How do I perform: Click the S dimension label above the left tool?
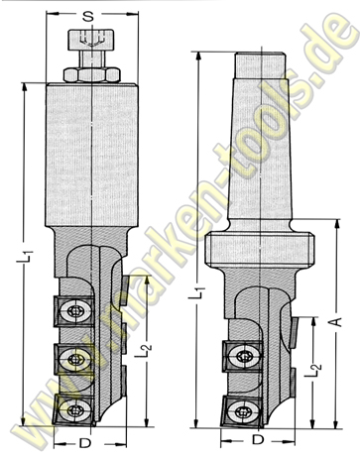pos(89,15)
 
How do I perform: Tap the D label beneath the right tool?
pos(258,437)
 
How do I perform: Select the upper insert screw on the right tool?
pos(243,358)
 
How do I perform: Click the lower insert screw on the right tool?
pos(243,406)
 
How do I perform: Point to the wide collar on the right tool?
pos(262,248)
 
